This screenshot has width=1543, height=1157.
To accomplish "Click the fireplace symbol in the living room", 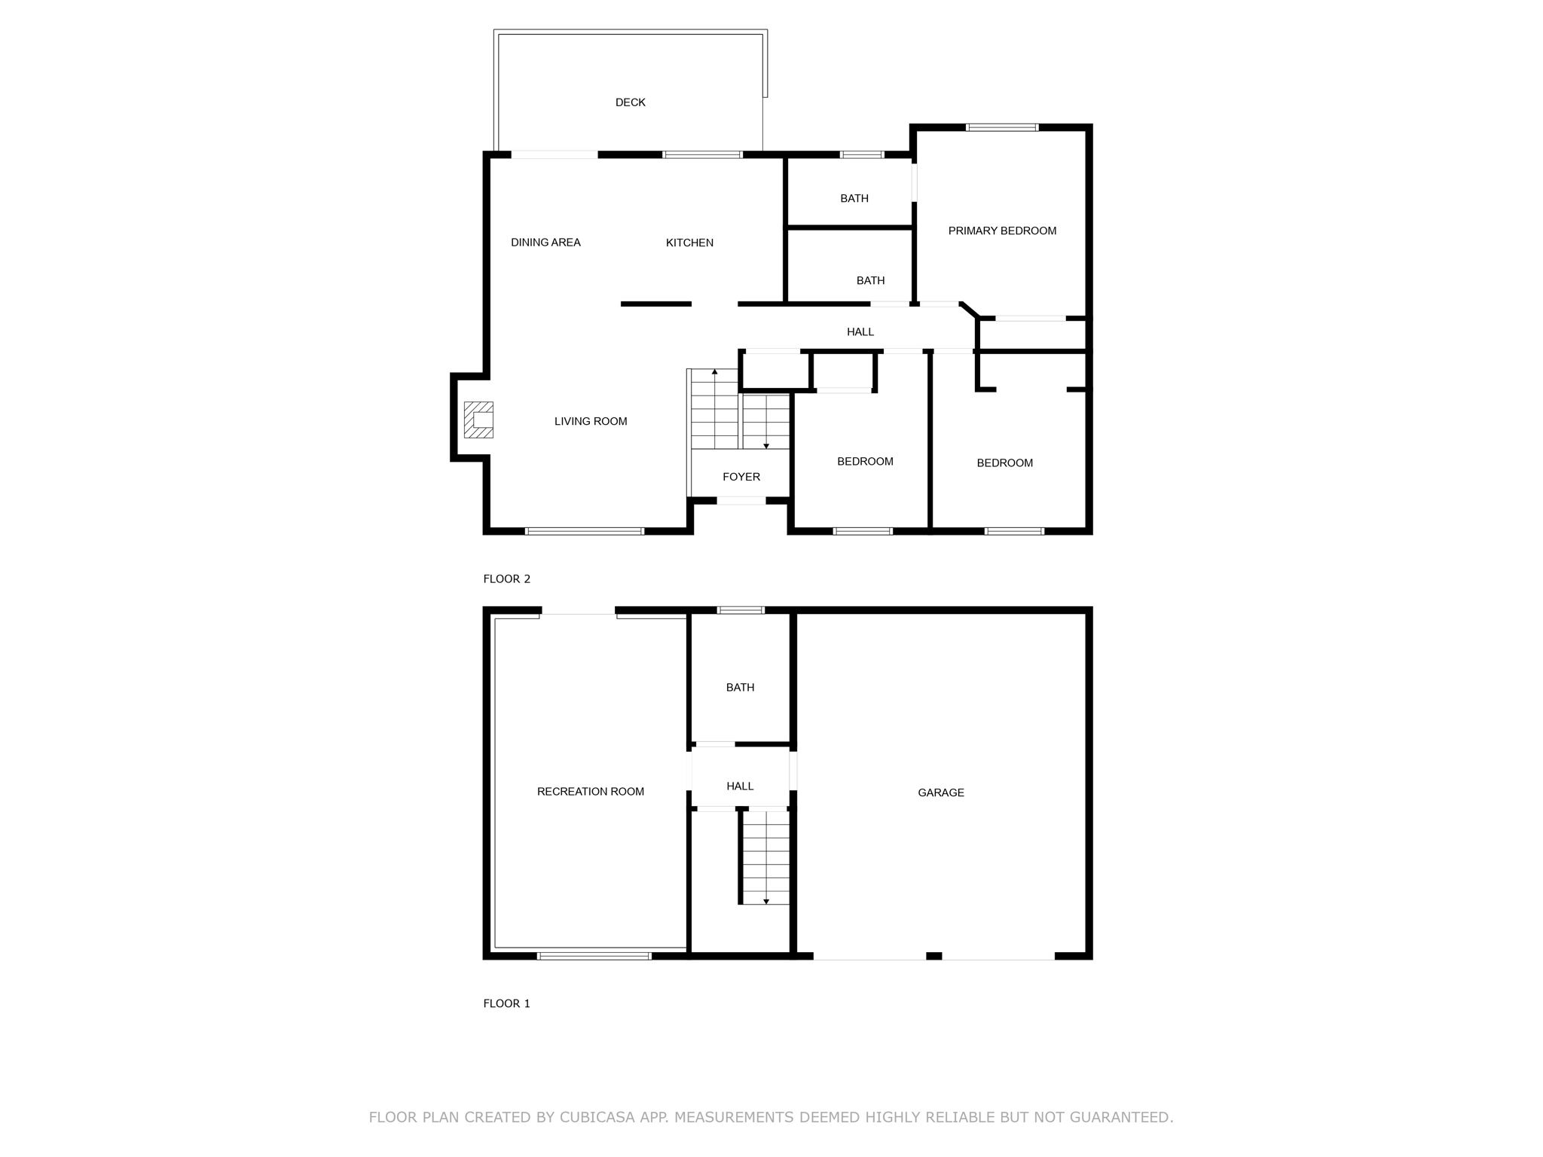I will [x=478, y=420].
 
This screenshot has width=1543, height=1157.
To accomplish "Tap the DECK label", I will [x=630, y=102].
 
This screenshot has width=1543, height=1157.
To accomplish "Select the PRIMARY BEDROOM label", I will [x=1001, y=230].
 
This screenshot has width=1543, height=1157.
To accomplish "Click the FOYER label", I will [x=741, y=477].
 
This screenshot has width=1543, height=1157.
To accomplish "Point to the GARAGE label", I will [x=940, y=792].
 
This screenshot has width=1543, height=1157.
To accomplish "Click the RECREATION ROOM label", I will [x=590, y=792].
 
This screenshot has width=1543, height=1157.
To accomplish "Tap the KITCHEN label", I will [x=689, y=243].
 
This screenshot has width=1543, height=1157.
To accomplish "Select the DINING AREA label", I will [x=545, y=243].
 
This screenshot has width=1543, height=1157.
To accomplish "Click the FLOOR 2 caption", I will [x=506, y=579].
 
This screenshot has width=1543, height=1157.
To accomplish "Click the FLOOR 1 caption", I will [x=506, y=1003].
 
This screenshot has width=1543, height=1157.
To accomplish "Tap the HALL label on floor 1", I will [x=739, y=786].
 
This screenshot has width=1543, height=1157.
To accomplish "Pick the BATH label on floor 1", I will [x=739, y=688].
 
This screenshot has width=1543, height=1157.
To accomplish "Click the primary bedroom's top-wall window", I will [x=1001, y=127].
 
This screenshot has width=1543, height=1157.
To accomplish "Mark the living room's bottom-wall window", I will [x=584, y=531].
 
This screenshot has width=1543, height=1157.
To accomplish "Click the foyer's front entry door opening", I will [x=740, y=501].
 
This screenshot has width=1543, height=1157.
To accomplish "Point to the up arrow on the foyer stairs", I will [x=714, y=372].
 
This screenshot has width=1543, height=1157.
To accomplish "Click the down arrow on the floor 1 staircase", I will [x=766, y=901].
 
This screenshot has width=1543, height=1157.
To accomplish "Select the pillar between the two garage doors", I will [x=933, y=956].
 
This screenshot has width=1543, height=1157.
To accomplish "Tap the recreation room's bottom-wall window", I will [x=594, y=956].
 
